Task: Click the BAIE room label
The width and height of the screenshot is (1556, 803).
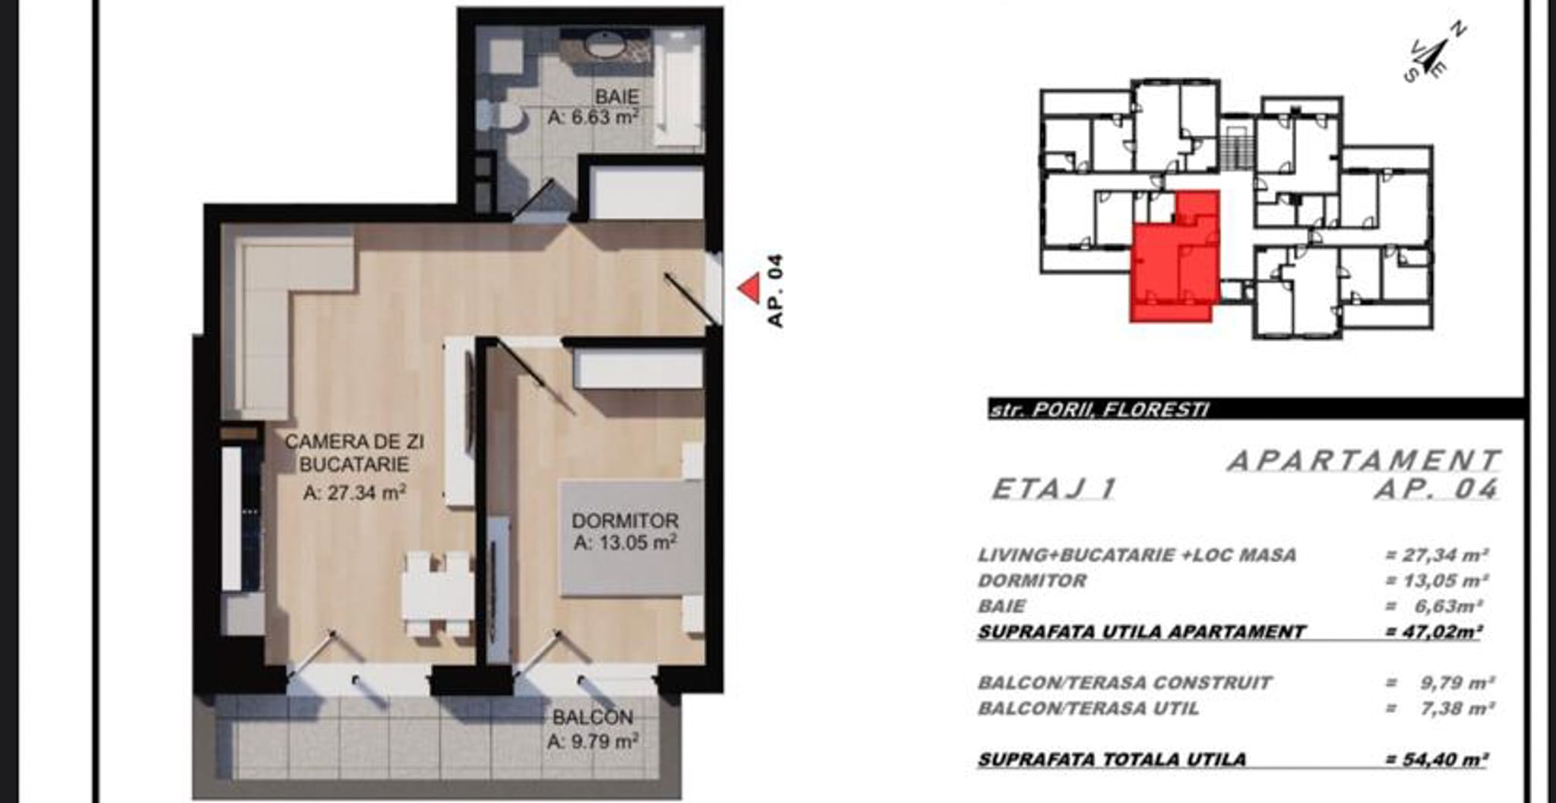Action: pos(616,96)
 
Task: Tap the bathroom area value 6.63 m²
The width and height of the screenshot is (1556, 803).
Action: pos(593,118)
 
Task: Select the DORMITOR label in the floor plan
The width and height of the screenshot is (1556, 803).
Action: pos(625,520)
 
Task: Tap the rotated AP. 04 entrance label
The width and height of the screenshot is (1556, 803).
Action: pos(774,291)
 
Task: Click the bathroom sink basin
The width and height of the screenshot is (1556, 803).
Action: pos(606,46)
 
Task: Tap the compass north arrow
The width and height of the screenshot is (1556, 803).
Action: pos(1432,54)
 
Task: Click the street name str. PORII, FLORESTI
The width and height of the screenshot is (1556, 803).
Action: pos(1099,410)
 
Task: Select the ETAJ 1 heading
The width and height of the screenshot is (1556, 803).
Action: pos(1055,489)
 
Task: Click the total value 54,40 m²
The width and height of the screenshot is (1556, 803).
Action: pos(1436,759)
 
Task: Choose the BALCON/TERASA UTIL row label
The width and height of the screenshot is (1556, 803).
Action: pos(1088,709)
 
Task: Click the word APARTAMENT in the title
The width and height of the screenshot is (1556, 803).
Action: pos(1364,461)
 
